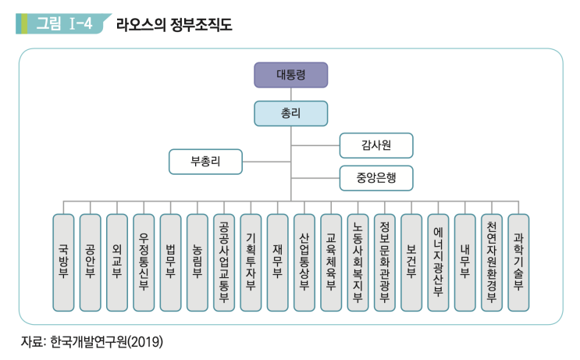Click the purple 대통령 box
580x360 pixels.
(290, 74)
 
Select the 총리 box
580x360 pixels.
(290, 114)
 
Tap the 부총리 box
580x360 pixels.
(205, 162)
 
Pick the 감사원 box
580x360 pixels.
(375, 145)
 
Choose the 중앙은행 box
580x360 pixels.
(375, 178)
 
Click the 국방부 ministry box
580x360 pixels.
(63, 262)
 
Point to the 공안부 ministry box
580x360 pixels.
(90, 262)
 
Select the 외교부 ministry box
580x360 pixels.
(116, 262)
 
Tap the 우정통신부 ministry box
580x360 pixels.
(144, 262)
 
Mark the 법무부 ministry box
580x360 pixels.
(170, 262)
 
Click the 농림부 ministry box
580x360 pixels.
(197, 262)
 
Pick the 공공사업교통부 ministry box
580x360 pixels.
(224, 262)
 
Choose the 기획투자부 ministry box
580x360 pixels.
(251, 262)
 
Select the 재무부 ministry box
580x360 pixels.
(277, 262)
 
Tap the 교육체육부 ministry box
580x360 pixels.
(331, 262)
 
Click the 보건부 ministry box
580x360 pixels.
(411, 262)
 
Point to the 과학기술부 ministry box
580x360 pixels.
(518, 262)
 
